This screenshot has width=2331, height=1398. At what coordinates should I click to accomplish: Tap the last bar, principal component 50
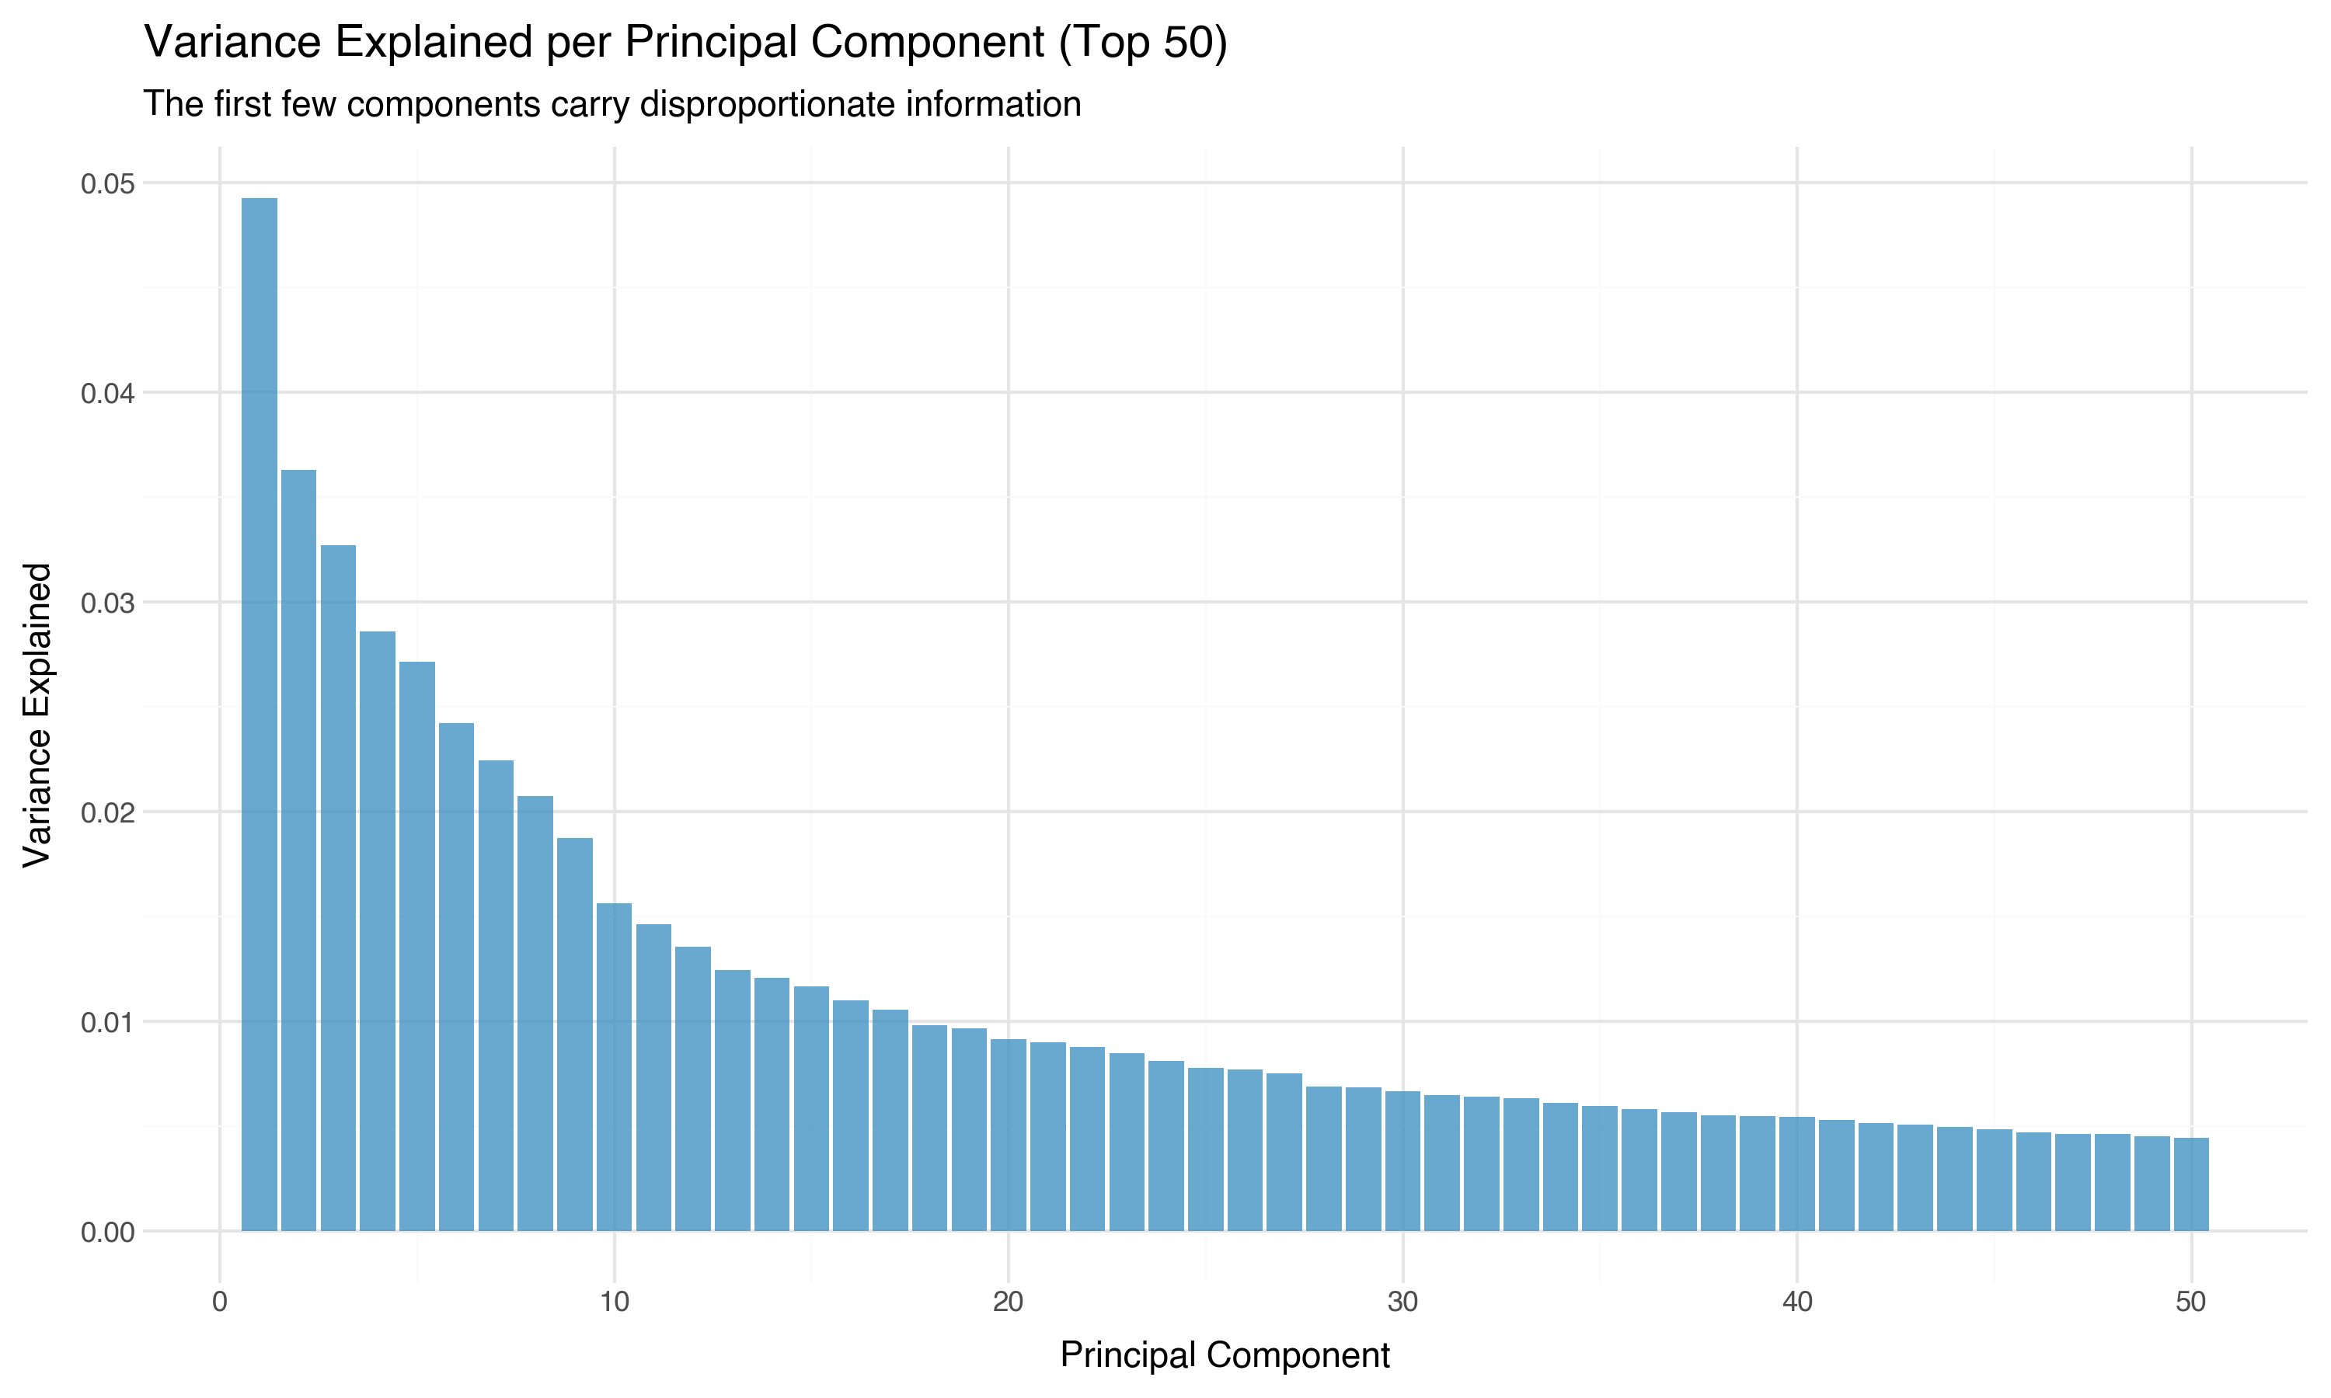(2190, 1184)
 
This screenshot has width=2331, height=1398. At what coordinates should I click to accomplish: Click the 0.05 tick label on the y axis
(107, 184)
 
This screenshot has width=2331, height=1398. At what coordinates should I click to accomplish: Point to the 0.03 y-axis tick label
(107, 603)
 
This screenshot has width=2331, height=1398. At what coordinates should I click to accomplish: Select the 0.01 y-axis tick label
(107, 1022)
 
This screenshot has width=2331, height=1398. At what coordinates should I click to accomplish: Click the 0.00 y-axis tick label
(107, 1233)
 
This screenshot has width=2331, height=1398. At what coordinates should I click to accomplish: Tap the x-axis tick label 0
(220, 1302)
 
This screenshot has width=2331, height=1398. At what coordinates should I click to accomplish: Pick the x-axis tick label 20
(1008, 1302)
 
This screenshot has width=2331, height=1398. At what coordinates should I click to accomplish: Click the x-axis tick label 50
(2190, 1302)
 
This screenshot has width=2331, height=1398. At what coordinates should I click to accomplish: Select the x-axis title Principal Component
(1224, 1355)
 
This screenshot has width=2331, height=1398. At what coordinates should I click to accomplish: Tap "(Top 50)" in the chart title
(1142, 43)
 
